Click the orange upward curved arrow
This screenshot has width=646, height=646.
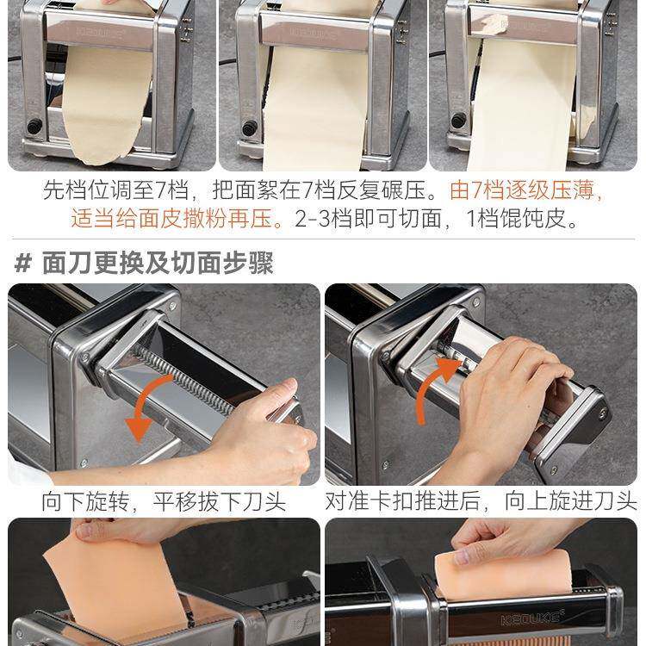(x=432, y=383)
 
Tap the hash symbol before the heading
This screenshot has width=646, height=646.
(x=23, y=264)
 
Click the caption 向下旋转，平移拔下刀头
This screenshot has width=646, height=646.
(x=164, y=501)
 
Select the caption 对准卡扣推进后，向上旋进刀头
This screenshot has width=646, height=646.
(x=481, y=501)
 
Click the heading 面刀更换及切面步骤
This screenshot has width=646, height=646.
(x=158, y=263)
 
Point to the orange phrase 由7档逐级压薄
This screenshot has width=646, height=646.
(x=521, y=190)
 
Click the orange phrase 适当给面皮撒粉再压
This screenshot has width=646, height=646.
(x=171, y=219)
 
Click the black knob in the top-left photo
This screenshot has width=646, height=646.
(x=35, y=125)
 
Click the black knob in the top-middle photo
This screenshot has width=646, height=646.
(x=249, y=127)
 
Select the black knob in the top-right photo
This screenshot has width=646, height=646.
(x=458, y=121)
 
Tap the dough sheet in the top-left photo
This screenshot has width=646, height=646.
(x=105, y=99)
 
